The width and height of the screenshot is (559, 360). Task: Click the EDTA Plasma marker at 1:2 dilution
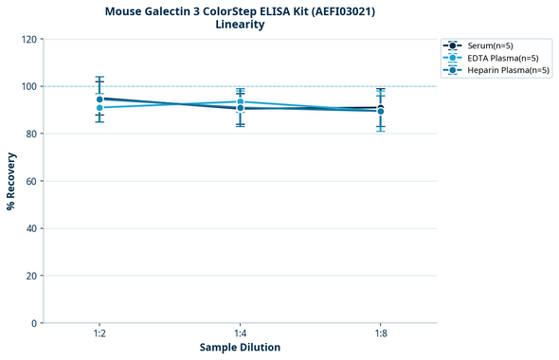(99, 107)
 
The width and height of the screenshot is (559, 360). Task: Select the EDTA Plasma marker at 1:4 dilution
(241, 101)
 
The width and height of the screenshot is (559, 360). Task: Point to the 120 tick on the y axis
(29, 39)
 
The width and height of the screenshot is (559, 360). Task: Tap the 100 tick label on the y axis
(29, 86)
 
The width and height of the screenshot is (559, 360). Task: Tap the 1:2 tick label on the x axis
(99, 334)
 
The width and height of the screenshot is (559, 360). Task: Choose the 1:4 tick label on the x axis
(241, 334)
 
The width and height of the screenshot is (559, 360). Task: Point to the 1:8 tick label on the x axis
(381, 334)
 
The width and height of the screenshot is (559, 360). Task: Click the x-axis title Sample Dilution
(240, 348)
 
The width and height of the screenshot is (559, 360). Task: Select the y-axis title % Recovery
(11, 181)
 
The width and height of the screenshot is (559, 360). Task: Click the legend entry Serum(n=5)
(490, 45)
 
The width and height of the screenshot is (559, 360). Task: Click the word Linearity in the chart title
(240, 25)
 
